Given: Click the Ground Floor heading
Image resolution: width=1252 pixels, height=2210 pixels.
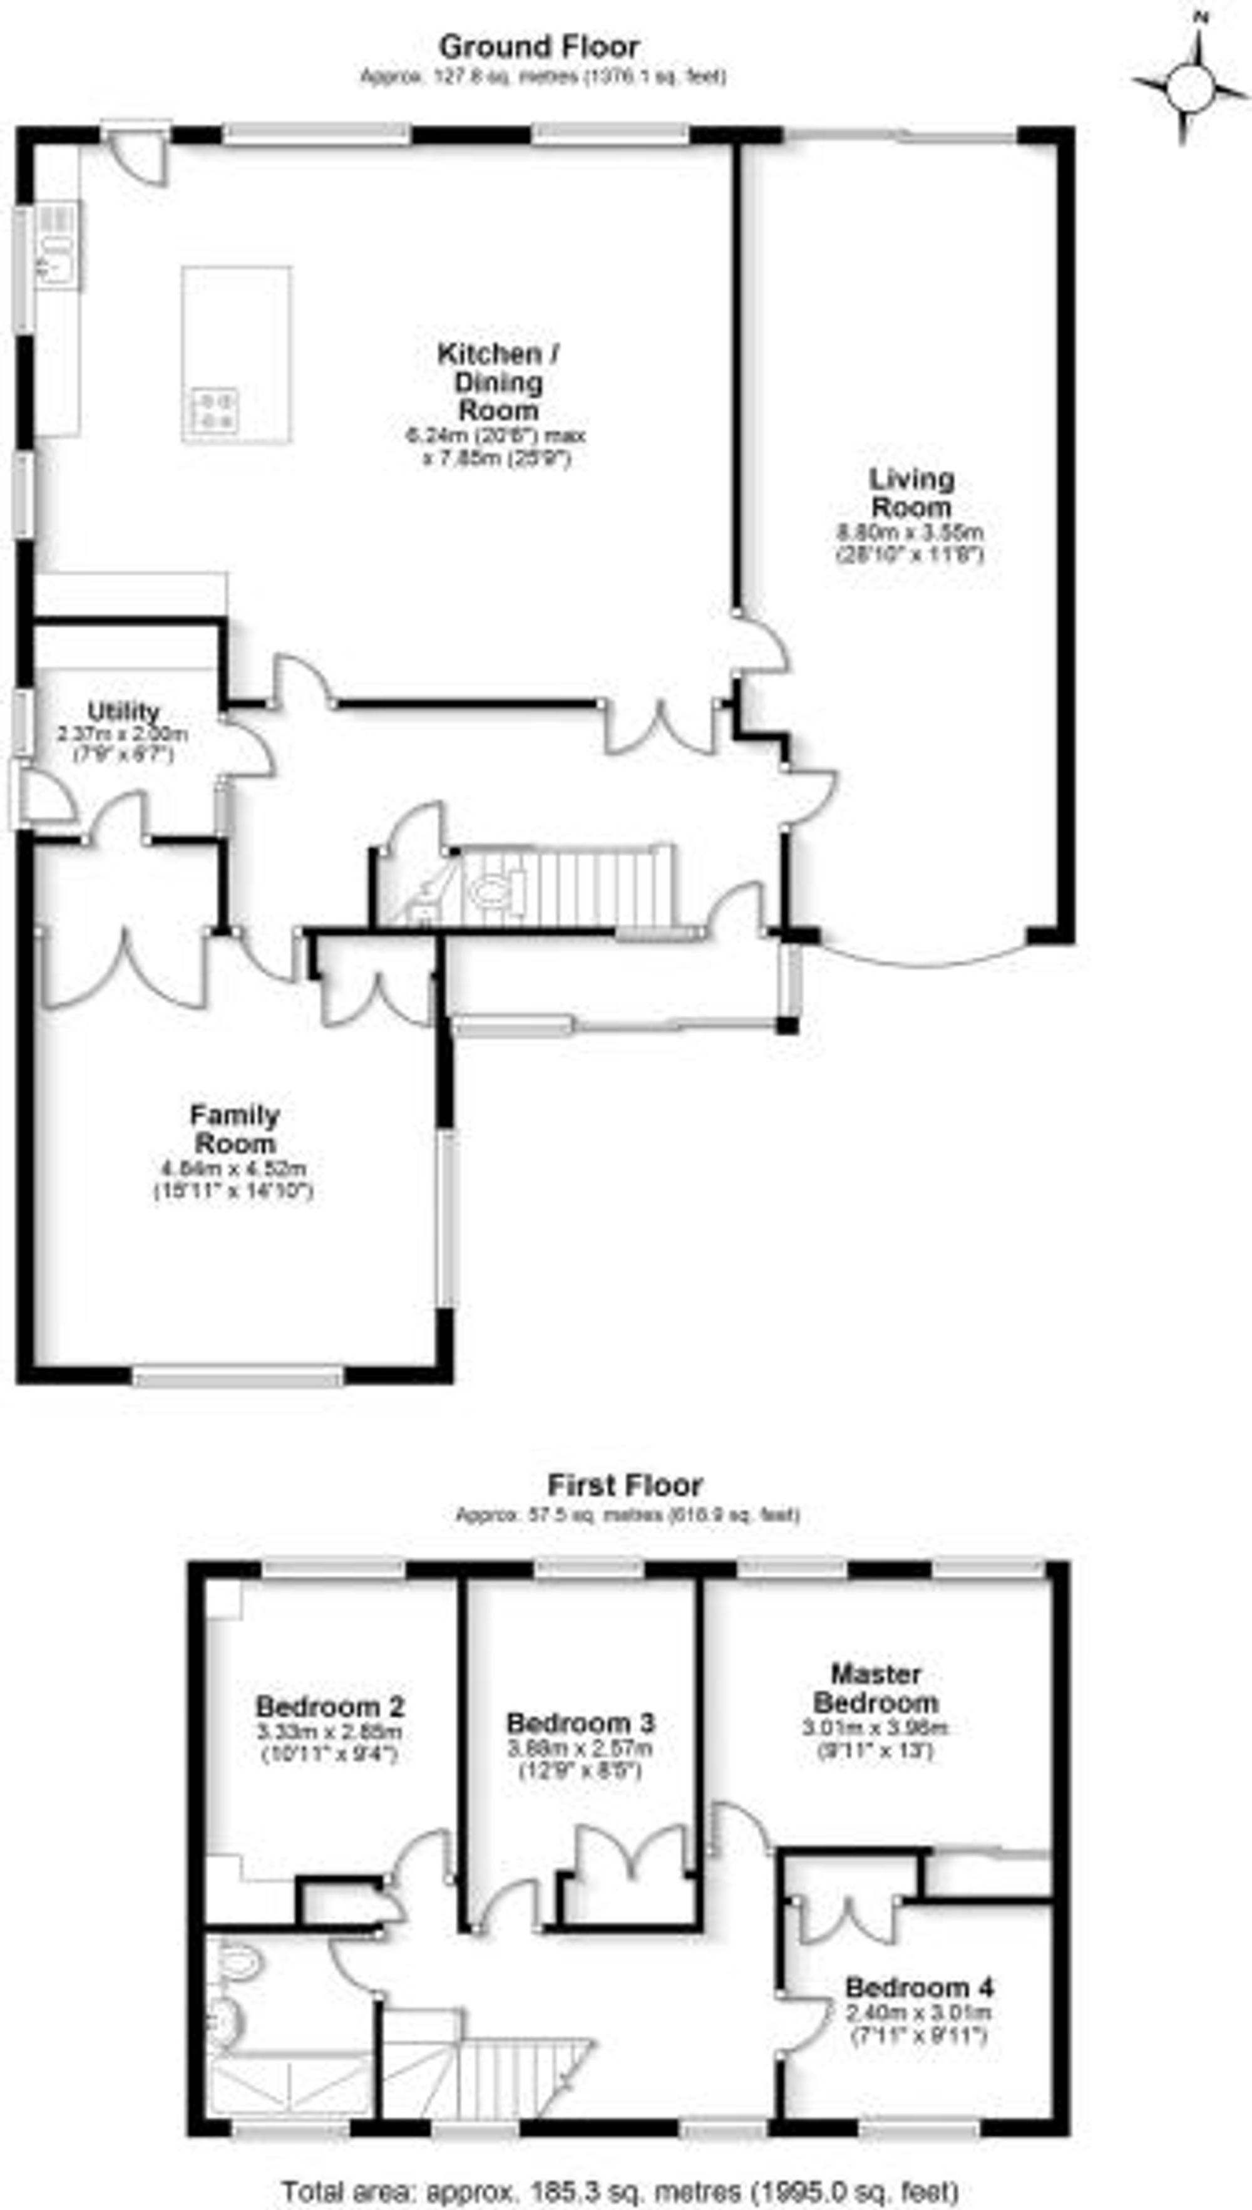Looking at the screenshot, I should [538, 46].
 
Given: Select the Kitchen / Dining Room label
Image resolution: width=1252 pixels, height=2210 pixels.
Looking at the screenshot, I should [499, 381].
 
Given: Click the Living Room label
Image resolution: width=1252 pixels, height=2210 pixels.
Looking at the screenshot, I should [911, 492].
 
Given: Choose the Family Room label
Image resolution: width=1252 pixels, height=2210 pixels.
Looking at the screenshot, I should [235, 1130].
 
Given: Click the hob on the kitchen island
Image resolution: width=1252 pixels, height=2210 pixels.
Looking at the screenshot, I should [215, 410].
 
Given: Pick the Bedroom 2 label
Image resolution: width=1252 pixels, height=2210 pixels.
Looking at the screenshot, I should [330, 1707].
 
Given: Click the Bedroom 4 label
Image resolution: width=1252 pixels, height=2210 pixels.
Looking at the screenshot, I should [920, 1988].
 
